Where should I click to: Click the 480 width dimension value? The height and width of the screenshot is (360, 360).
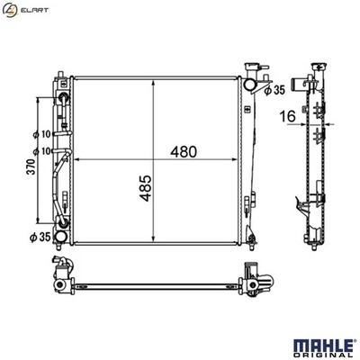[x=184, y=152]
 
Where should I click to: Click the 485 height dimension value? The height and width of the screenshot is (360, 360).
[x=146, y=188]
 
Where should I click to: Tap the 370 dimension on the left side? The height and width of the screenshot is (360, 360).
[x=31, y=167]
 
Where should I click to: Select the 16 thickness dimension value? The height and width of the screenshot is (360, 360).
[x=288, y=116]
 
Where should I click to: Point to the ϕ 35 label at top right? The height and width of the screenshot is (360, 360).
[x=274, y=90]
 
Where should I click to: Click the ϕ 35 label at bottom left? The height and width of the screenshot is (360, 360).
[x=40, y=238]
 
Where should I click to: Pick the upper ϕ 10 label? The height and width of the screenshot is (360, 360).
[x=42, y=134]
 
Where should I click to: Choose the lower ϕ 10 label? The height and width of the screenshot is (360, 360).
[x=42, y=151]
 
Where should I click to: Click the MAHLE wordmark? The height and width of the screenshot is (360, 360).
[x=323, y=346]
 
